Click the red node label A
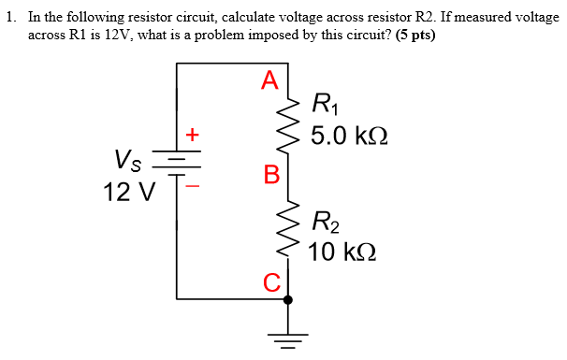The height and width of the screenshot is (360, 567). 269,80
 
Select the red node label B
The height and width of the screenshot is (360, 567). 271,173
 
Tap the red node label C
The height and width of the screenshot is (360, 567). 270,281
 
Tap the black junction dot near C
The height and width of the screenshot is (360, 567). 287,300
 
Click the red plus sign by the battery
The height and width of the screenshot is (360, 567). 193,135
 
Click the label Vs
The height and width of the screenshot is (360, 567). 128,161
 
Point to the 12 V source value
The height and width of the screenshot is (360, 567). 130,193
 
